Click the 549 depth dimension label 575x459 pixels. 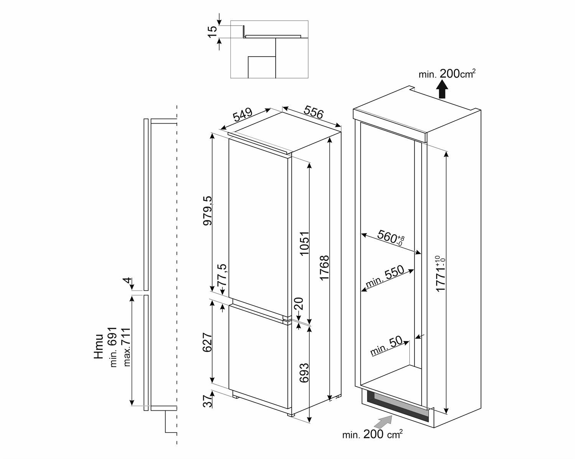coord(243,114)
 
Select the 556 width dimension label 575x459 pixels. coord(314,112)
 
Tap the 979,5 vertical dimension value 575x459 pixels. coord(208,211)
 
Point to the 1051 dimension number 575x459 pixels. coord(304,243)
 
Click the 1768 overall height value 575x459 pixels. coord(324,268)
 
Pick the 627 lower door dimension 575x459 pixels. coord(207,342)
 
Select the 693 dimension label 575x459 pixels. coord(304,373)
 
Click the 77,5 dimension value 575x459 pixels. coord(222,274)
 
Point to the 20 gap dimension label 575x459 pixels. coord(299,304)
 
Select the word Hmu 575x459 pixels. coord(99,346)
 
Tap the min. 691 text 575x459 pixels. coord(113,347)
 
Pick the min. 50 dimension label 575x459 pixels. coord(386,346)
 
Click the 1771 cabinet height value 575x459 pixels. coord(440,274)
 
